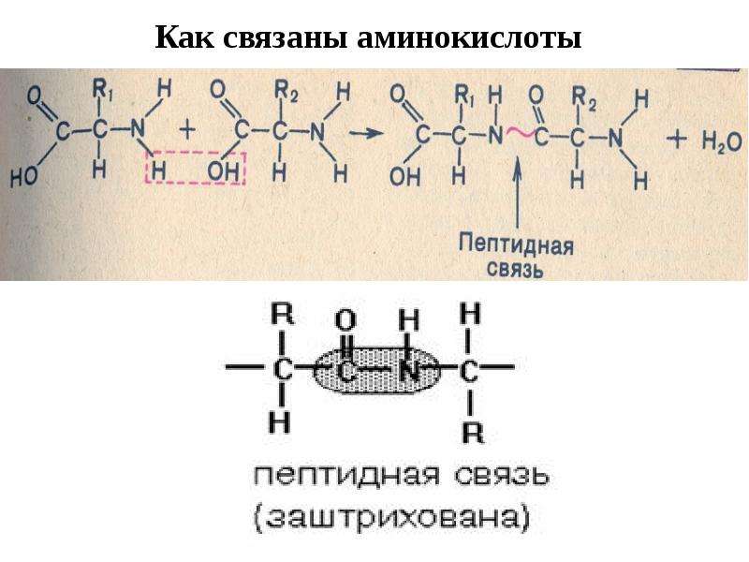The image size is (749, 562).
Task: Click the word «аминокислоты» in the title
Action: click(469, 37)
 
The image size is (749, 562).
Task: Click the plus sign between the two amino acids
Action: click(189, 130)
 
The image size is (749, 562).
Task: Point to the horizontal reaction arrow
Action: click(365, 133)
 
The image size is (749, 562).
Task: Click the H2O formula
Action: click(722, 142)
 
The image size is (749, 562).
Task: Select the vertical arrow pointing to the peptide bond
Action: click(518, 195)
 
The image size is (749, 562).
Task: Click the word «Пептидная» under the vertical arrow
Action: click(516, 244)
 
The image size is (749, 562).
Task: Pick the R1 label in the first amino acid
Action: click(103, 89)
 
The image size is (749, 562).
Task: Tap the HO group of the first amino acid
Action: click(24, 176)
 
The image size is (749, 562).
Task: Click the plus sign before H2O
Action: click(677, 140)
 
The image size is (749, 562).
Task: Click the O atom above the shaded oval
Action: click(345, 319)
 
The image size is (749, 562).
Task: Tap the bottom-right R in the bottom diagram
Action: click(473, 433)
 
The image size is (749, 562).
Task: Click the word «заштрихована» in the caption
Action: click(391, 517)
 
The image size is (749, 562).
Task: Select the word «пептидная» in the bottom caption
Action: click(345, 477)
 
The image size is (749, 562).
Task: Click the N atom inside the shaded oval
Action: click(409, 370)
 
